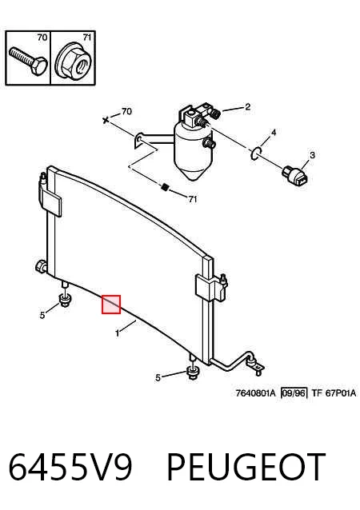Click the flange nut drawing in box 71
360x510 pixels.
73,63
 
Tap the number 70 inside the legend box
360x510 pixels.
42,38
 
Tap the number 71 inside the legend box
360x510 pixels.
86,38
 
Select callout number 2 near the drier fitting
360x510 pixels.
248,106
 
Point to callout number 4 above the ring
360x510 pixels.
274,133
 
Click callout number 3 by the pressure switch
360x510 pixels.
312,155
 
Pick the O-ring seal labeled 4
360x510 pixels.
257,153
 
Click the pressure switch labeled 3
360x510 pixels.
295,177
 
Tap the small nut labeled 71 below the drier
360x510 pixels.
165,187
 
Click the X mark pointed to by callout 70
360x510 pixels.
106,121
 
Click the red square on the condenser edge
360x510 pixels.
111,305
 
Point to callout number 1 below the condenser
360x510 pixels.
117,333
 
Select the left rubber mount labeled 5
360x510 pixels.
66,300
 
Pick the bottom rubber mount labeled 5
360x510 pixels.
193,373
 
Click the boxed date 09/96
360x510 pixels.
294,393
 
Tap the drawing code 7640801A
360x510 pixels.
255,393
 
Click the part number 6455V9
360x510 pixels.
70,466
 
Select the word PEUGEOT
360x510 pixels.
246,466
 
